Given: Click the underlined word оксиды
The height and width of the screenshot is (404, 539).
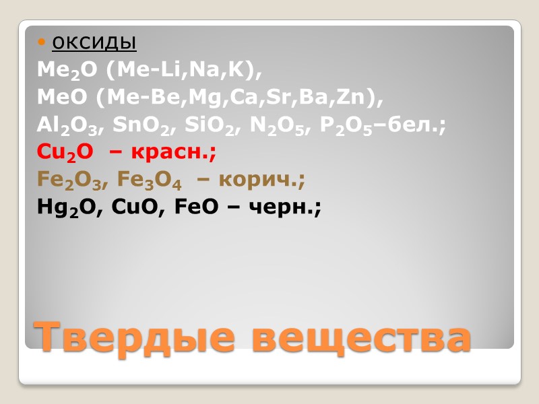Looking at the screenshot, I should click(94, 43).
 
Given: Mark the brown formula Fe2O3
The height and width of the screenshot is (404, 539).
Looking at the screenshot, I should click(66, 180).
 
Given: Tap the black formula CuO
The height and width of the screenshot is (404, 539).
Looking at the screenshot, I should click(133, 208).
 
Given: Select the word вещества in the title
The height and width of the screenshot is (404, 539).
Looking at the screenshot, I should click(361, 337).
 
